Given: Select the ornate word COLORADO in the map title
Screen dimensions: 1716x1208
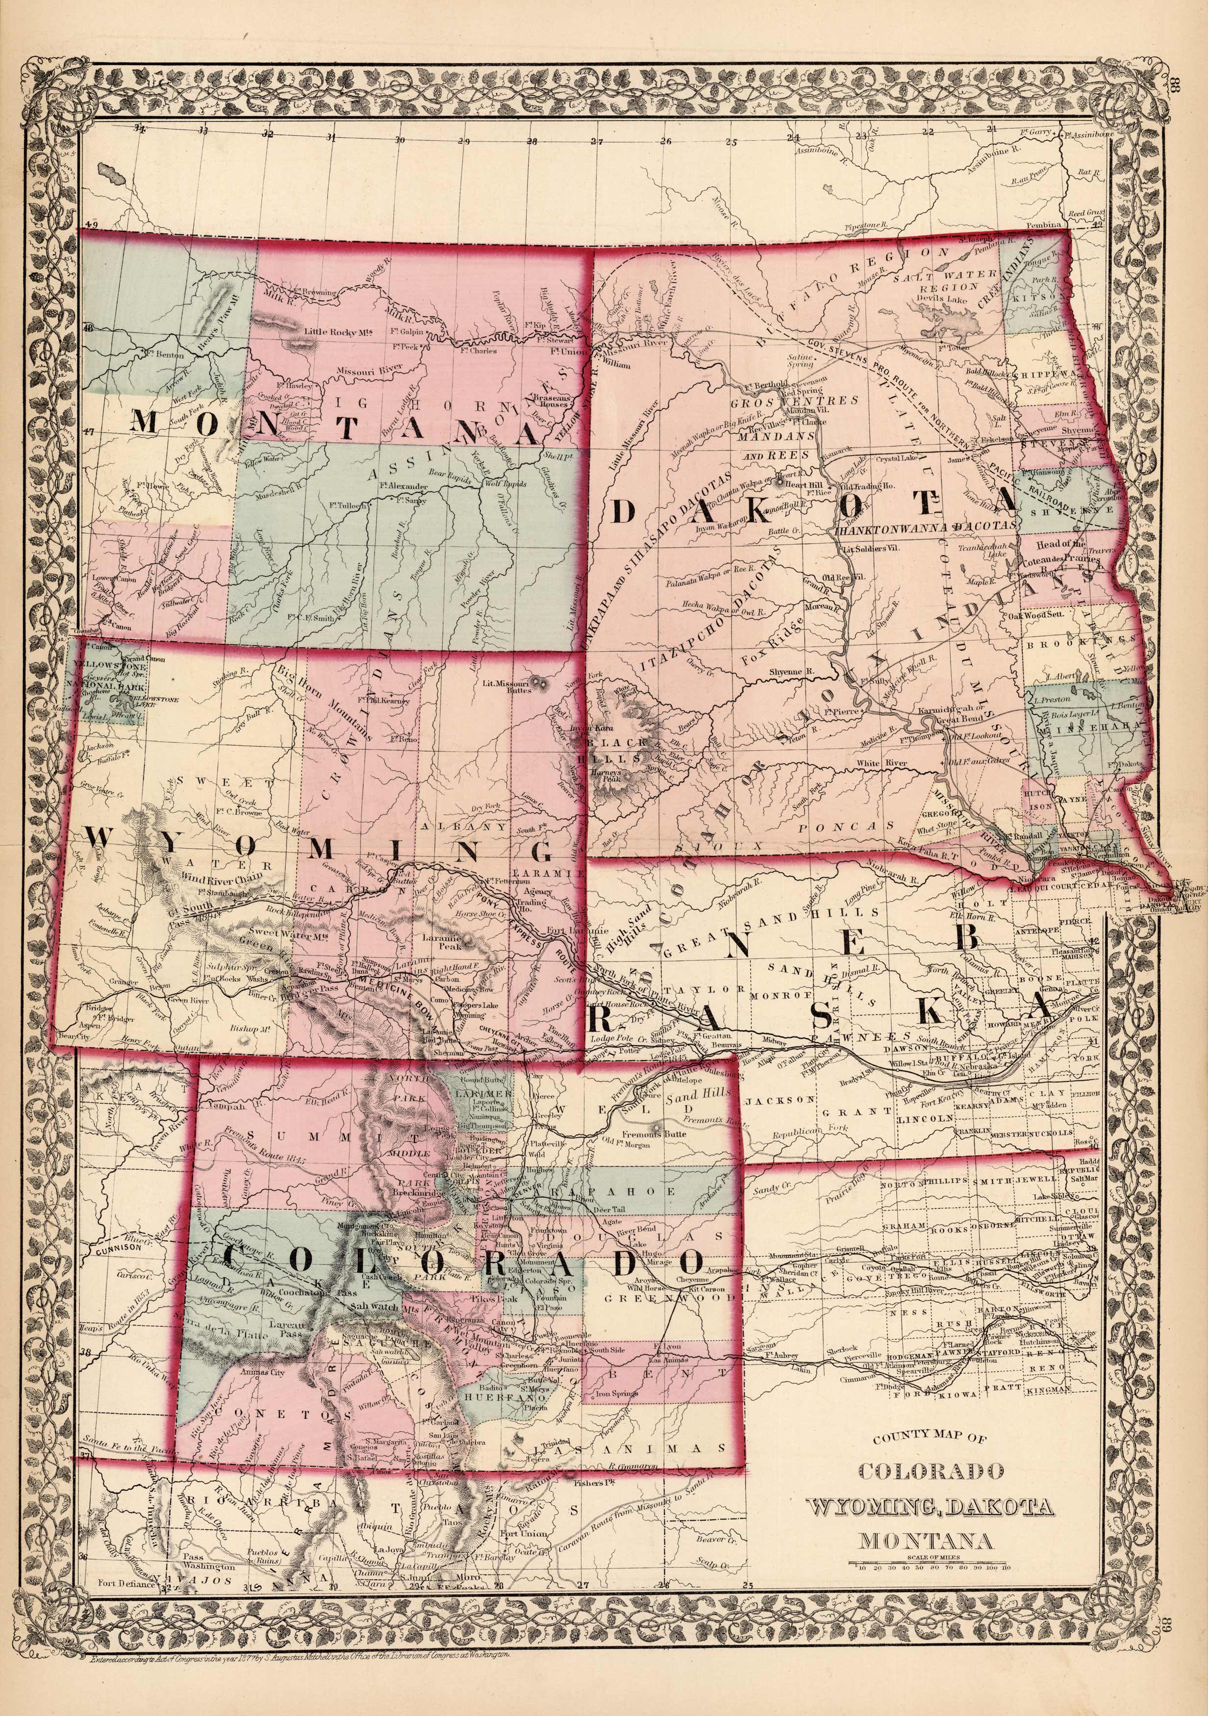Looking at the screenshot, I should click(930, 1471).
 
